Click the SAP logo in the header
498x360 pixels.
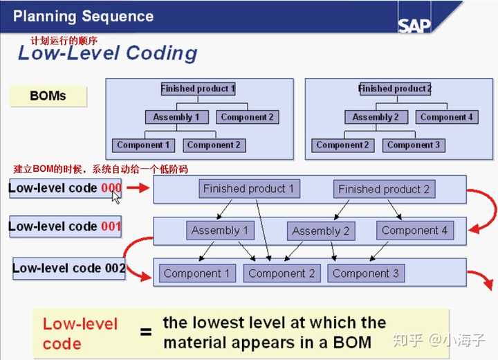(x=414, y=25)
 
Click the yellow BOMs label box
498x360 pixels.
(x=48, y=96)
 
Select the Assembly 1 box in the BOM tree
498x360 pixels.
(x=176, y=117)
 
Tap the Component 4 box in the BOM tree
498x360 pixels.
(x=447, y=117)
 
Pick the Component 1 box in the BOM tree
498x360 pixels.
(x=143, y=145)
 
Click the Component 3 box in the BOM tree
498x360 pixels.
(x=414, y=145)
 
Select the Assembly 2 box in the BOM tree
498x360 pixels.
(x=376, y=117)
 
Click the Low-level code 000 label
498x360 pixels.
(x=65, y=188)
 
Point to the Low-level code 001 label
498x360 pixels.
(x=65, y=226)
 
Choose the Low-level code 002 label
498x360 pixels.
(x=69, y=269)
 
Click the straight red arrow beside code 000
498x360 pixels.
(x=138, y=188)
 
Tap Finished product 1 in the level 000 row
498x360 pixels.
(x=249, y=189)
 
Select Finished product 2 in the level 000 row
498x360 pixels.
(x=384, y=189)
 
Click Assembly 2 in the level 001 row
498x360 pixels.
(x=321, y=231)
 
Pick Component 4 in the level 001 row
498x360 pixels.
(x=415, y=231)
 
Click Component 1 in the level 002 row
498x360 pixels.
(x=197, y=273)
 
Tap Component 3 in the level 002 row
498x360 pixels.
(x=366, y=273)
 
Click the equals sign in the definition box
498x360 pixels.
(x=146, y=332)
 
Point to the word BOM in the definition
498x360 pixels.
(x=352, y=343)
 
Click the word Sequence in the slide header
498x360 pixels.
(x=118, y=16)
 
